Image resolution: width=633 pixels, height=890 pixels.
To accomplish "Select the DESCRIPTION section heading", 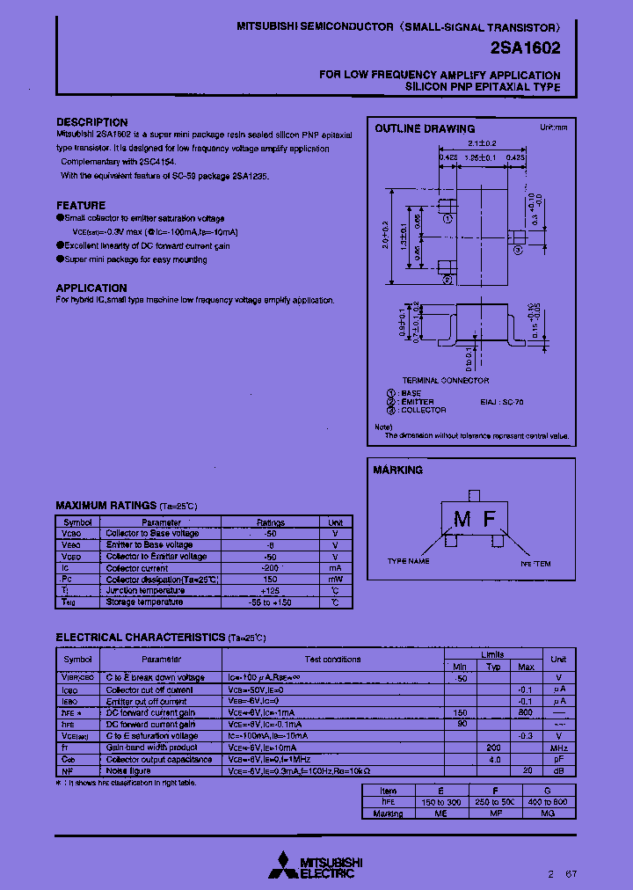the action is point(92,122).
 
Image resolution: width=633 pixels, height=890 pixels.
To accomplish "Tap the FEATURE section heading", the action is point(81,206).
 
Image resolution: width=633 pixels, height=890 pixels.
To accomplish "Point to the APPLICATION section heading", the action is point(91,288).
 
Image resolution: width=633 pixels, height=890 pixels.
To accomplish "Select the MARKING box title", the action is point(397,471).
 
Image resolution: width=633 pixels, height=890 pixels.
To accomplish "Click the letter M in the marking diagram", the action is point(462,520).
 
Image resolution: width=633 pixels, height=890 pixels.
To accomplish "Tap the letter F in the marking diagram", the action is point(491,520).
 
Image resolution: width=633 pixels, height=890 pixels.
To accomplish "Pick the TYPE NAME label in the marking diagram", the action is point(409,561).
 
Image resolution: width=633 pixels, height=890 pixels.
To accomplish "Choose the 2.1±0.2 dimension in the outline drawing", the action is point(483,142).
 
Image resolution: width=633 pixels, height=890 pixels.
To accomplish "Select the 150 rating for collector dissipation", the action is point(271,580).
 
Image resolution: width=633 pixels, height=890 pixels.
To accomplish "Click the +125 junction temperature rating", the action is point(271,591).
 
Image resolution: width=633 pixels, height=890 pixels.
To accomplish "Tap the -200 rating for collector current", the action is point(271,568).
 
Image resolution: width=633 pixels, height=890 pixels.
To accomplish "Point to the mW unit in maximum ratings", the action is point(335,580).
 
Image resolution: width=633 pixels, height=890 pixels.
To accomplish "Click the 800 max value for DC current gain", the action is point(526,712).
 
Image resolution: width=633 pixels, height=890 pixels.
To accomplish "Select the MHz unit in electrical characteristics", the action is point(558,748).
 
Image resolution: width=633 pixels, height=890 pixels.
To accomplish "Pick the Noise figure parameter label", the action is point(128,770).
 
